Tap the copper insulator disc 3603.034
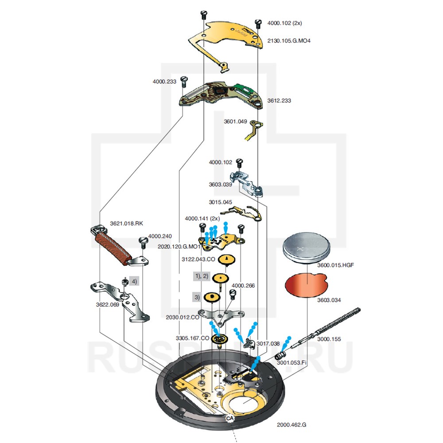[306, 285]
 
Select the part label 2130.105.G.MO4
[289, 40]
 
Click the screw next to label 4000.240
[143, 242]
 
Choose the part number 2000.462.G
[291, 425]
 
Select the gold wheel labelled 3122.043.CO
[226, 259]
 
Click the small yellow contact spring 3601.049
[253, 129]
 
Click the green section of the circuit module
[245, 88]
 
